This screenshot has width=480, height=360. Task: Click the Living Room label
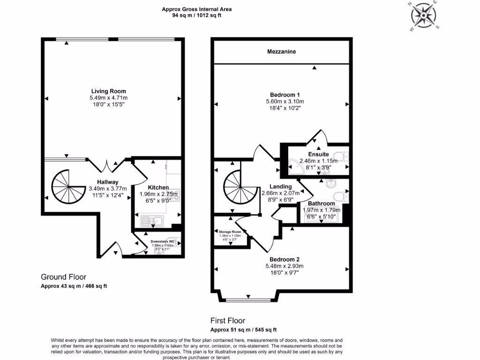(x=108, y=91)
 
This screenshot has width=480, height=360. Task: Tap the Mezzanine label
(x=282, y=52)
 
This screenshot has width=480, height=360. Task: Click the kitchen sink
(x=151, y=220)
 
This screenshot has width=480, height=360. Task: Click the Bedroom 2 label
(x=285, y=259)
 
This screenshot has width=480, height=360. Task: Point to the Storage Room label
(x=230, y=232)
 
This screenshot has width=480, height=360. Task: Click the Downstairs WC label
(x=162, y=242)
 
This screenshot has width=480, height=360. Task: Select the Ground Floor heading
(x=64, y=277)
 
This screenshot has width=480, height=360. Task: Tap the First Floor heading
(x=228, y=321)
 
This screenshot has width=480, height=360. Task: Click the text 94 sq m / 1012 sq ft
(x=197, y=15)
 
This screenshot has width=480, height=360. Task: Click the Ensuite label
(x=318, y=154)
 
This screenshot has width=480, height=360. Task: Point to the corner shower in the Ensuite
(x=294, y=165)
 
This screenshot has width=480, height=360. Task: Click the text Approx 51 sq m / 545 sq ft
(x=243, y=330)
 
